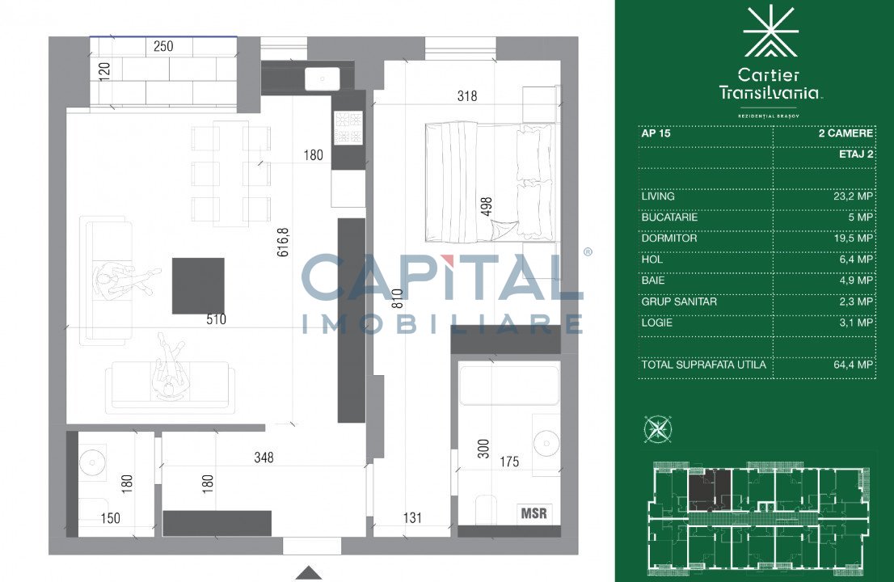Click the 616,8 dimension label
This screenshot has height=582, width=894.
[284, 242]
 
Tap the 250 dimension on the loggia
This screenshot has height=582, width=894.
[163, 46]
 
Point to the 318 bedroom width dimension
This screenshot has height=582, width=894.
[467, 95]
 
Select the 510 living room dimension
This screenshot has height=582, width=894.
[216, 319]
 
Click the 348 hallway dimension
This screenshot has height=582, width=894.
[264, 458]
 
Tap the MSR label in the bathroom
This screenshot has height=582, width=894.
[533, 513]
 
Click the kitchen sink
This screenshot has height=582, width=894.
[323, 78]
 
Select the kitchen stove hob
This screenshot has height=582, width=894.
[348, 127]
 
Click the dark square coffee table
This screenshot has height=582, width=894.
[198, 285]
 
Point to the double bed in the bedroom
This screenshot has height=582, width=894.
[489, 182]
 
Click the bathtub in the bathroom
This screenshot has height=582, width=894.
[509, 386]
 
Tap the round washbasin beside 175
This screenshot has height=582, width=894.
[546, 443]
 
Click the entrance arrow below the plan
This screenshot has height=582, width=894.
[309, 572]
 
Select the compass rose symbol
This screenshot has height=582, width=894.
[657, 429]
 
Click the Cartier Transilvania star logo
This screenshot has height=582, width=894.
[771, 31]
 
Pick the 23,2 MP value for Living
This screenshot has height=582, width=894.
[853, 196]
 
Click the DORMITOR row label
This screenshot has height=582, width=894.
[668, 238]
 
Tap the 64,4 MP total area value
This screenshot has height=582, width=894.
[853, 365]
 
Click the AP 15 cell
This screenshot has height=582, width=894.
[656, 133]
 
